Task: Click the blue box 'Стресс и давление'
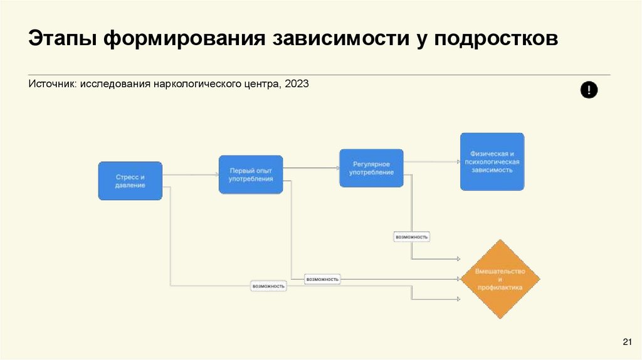130,181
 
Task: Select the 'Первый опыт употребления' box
251,174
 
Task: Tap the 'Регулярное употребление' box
372,167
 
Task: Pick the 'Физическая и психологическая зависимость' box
492,161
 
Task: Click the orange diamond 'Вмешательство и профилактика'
500,278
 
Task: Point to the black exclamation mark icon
589,90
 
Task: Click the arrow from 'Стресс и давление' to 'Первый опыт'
191,174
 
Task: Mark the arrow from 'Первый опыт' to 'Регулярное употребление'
311,167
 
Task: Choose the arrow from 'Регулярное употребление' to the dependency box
432,161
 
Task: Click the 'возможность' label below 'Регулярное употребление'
412,237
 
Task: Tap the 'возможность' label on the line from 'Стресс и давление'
268,286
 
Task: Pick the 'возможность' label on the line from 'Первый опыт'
322,278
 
